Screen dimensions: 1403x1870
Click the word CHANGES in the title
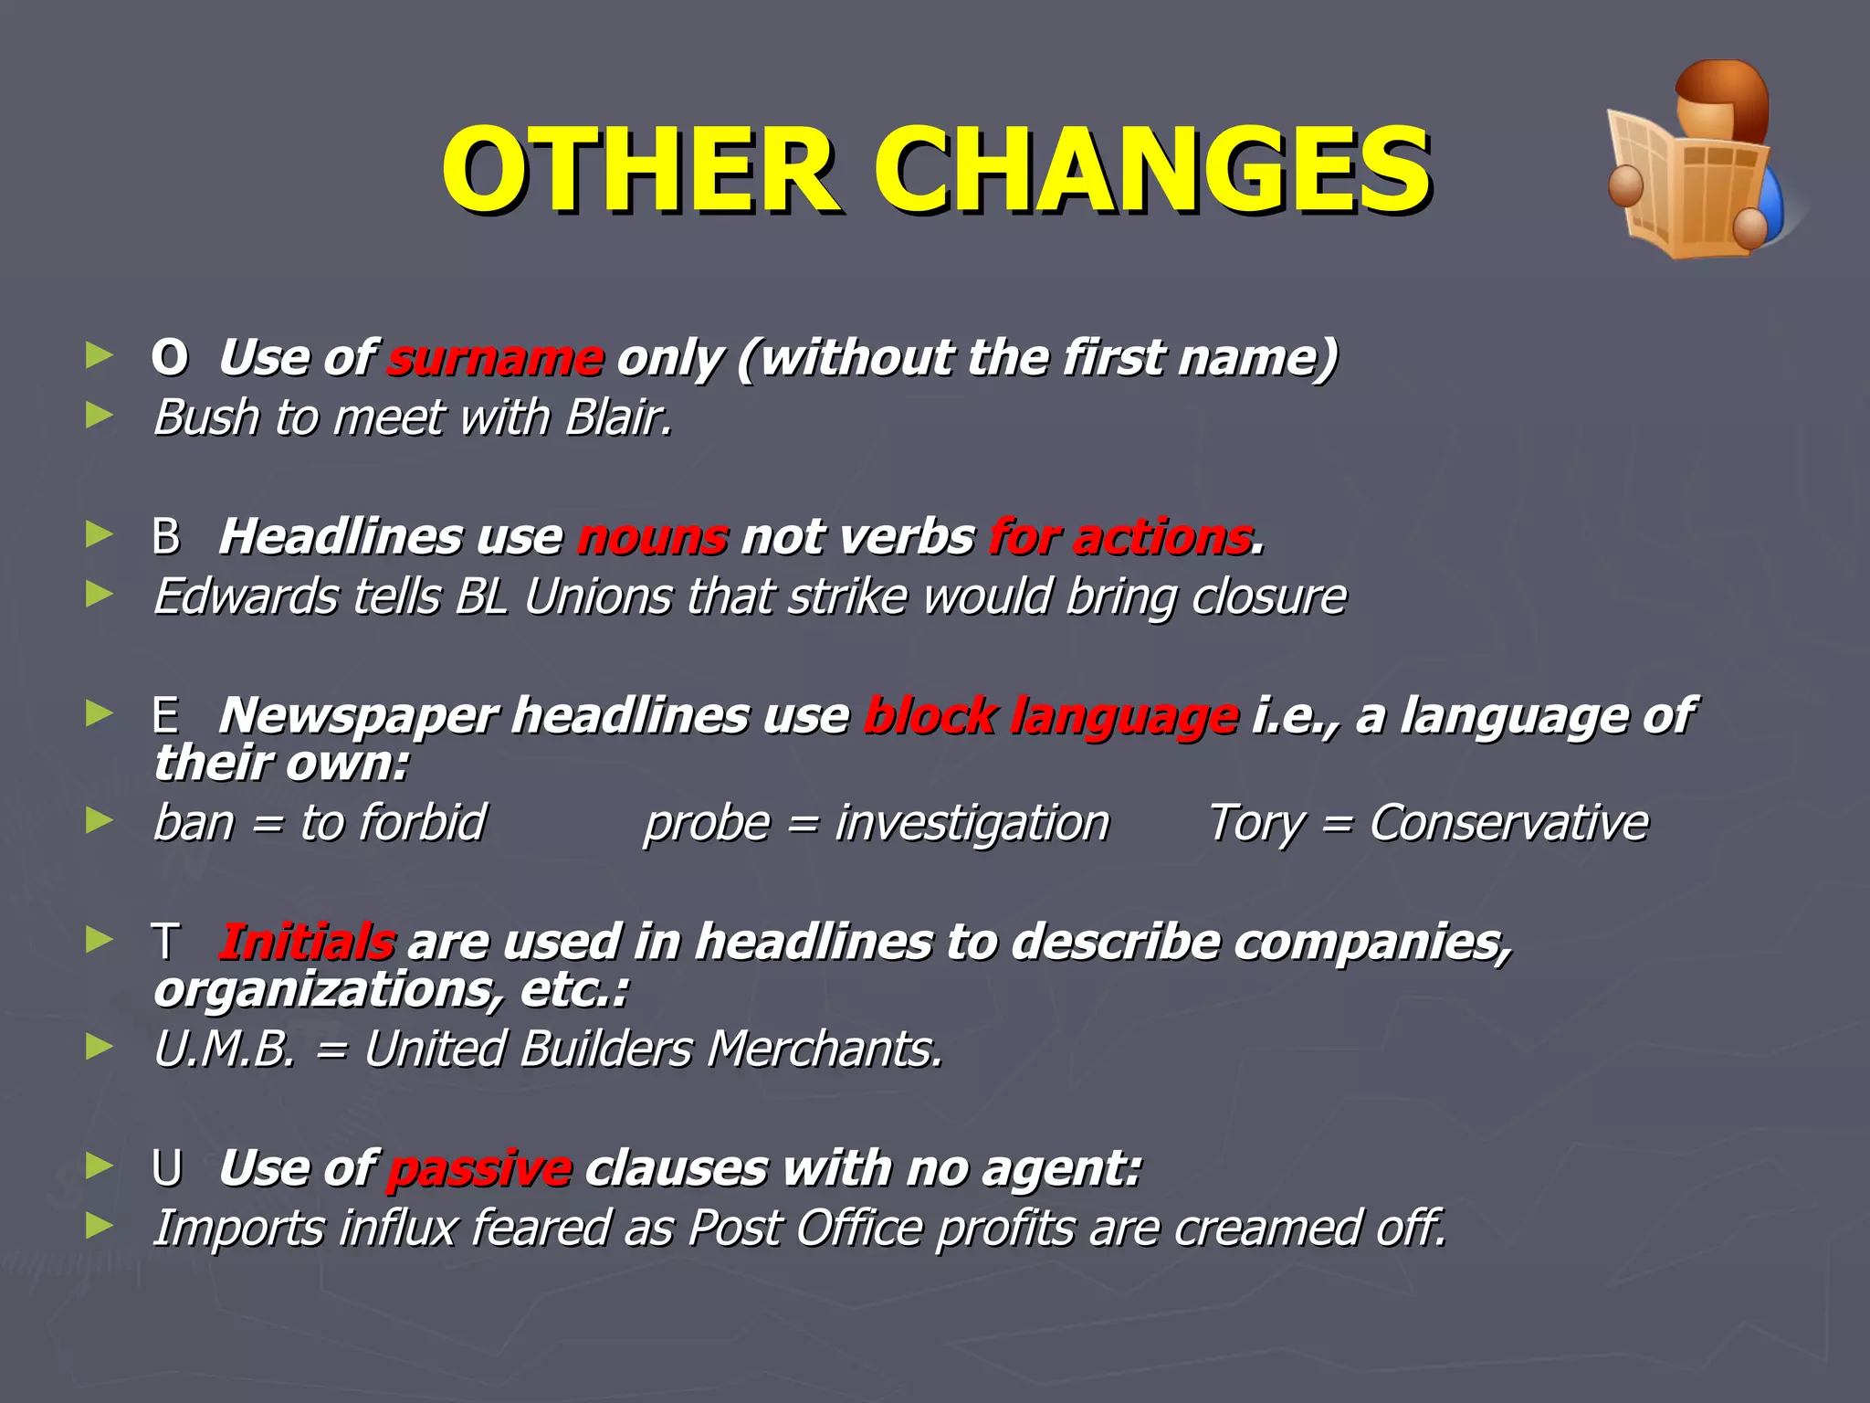pyautogui.click(x=1152, y=171)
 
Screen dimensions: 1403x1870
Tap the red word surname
pyautogui.click(x=495, y=358)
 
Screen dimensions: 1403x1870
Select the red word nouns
pyautogui.click(x=653, y=537)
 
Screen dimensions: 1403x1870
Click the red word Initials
pyautogui.click(x=308, y=942)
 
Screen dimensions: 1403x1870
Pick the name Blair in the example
pyautogui.click(x=617, y=418)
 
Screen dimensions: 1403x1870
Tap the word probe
pyautogui.click(x=707, y=824)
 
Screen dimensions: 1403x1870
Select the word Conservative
pyautogui.click(x=1508, y=823)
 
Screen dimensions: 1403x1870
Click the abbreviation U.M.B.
pyautogui.click(x=225, y=1049)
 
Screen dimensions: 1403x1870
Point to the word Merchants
pyautogui.click(x=824, y=1049)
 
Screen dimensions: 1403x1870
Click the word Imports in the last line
pyautogui.click(x=238, y=1228)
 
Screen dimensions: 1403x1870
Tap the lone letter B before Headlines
pyautogui.click(x=166, y=537)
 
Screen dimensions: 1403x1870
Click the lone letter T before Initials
pyautogui.click(x=166, y=942)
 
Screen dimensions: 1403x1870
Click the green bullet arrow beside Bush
pyautogui.click(x=99, y=417)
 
